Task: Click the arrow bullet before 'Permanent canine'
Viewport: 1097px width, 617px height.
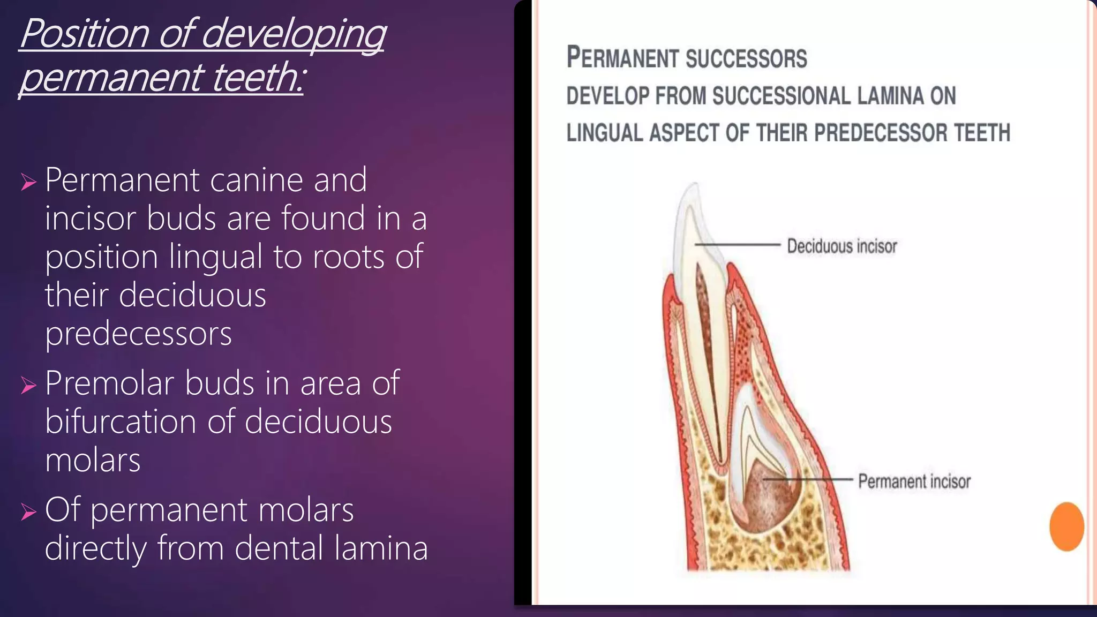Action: pyautogui.click(x=28, y=182)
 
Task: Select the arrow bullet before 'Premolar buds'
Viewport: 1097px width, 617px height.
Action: pyautogui.click(x=28, y=385)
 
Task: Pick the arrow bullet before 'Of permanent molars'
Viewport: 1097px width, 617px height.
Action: pyautogui.click(x=28, y=512)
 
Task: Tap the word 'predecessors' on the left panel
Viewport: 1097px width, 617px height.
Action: pyautogui.click(x=138, y=334)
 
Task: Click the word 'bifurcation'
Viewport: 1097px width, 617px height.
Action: pyautogui.click(x=121, y=422)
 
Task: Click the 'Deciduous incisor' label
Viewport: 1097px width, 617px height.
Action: pyautogui.click(x=841, y=246)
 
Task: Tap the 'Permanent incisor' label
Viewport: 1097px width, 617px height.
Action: pyautogui.click(x=914, y=481)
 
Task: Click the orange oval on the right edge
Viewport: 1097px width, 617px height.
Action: pyautogui.click(x=1066, y=526)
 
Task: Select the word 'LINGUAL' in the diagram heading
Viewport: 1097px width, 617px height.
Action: pyautogui.click(x=605, y=133)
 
